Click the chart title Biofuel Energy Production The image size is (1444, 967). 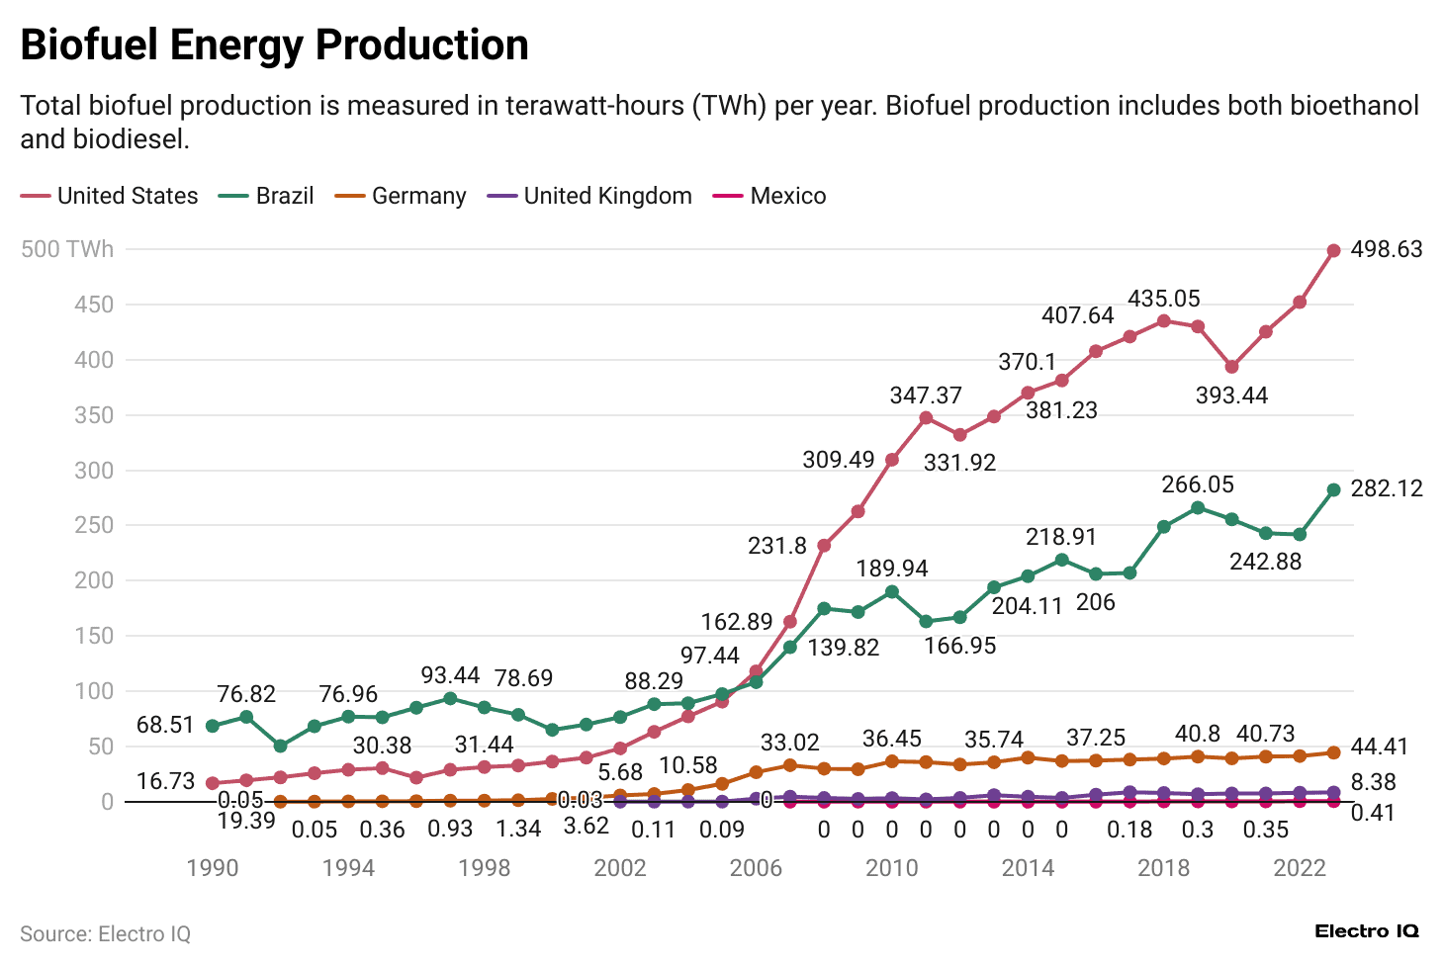coord(274,45)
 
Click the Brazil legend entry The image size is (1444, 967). coord(266,196)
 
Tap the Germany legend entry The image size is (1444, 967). coord(401,196)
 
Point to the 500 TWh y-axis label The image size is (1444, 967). coord(67,249)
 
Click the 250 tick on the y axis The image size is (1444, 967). coord(94,525)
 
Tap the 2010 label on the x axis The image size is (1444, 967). coord(891,868)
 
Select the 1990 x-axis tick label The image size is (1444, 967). coord(212,868)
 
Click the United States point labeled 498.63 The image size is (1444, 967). coord(1333,251)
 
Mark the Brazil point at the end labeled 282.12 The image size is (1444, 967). coord(1333,489)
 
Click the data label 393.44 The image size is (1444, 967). coord(1231,396)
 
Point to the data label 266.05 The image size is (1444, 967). coord(1197,484)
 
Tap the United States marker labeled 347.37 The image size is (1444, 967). coord(926,418)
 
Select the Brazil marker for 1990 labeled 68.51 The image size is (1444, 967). coord(212,726)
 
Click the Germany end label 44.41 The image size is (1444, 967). coord(1379,747)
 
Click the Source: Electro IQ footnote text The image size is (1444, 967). coord(105,933)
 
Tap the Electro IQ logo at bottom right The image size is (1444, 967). coord(1366,931)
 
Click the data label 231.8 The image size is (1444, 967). coord(777,546)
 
